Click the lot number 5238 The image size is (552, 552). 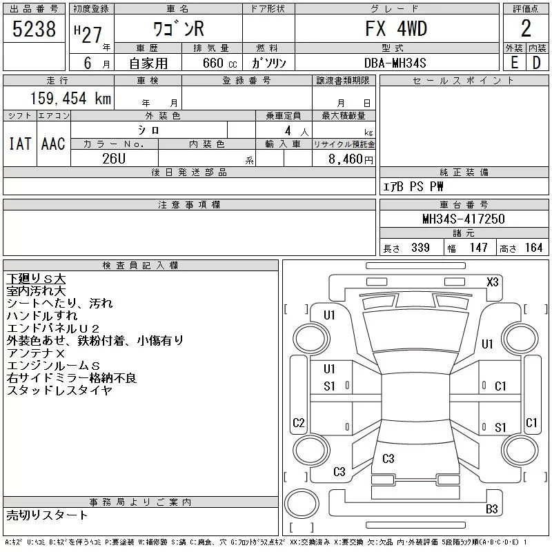[34, 29]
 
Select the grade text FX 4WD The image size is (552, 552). [396, 28]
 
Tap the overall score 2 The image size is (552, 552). [526, 28]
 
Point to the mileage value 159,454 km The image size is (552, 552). [71, 98]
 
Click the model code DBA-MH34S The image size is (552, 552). [395, 63]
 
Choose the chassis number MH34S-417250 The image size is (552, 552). [464, 219]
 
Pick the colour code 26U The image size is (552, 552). [114, 159]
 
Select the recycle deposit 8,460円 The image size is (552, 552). [351, 159]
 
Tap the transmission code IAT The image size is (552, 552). [20, 144]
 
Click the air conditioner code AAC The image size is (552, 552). [53, 144]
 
